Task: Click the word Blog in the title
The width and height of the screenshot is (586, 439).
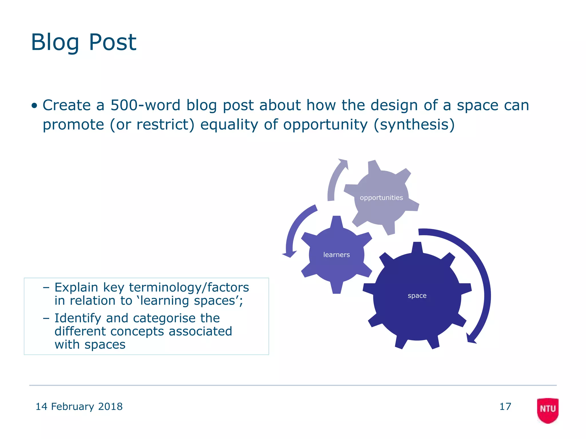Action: [x=55, y=42]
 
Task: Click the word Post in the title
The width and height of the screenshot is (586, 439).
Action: [x=112, y=42]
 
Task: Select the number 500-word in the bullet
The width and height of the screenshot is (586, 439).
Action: [x=145, y=105]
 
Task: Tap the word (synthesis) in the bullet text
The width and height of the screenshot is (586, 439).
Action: [x=414, y=125]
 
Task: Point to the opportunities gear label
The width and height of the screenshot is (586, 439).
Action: [x=381, y=198]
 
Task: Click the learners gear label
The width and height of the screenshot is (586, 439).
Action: [x=336, y=255]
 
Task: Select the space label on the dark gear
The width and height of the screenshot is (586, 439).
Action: [x=417, y=296]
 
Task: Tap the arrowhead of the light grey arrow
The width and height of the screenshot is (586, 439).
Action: [x=344, y=163]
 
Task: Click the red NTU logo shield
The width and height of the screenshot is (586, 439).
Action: [x=548, y=410]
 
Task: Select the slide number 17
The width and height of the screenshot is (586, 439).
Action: [x=505, y=406]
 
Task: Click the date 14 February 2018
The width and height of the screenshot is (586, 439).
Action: [x=79, y=406]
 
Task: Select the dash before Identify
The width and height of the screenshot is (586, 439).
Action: [x=46, y=318]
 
